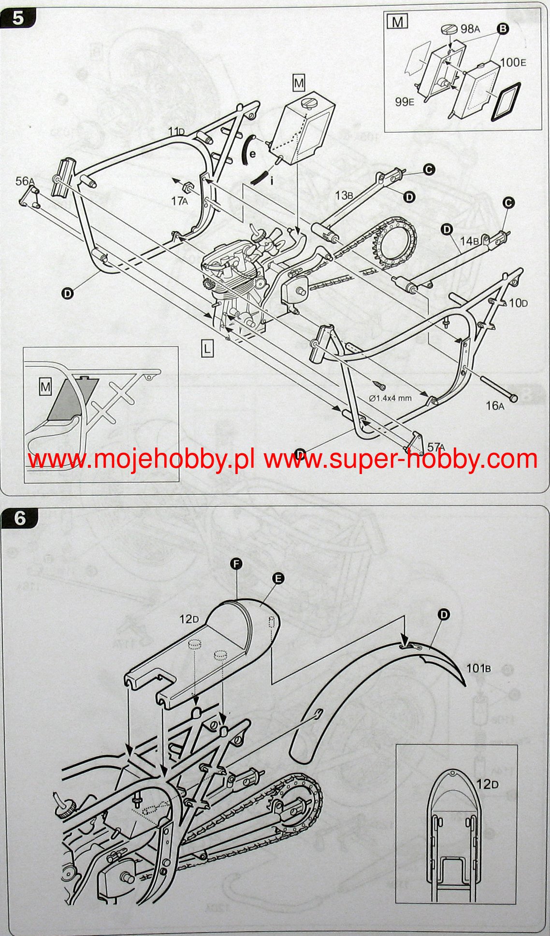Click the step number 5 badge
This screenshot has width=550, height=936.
coord(18,18)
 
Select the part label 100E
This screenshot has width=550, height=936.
coord(513,62)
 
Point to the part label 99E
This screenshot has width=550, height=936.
coord(405,102)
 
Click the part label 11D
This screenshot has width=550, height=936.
coord(176,131)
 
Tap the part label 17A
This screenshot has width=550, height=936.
coord(179,201)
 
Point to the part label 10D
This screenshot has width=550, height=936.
coord(518,303)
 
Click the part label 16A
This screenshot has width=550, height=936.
coord(495,405)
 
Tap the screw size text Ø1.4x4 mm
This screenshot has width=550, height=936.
coord(390,398)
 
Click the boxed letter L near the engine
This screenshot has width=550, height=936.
coord(207,348)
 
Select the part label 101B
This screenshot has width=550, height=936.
coord(478,668)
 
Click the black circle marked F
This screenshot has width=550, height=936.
coord(236,564)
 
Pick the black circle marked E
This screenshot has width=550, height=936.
coord(278,578)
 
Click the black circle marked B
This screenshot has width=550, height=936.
coord(503,29)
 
